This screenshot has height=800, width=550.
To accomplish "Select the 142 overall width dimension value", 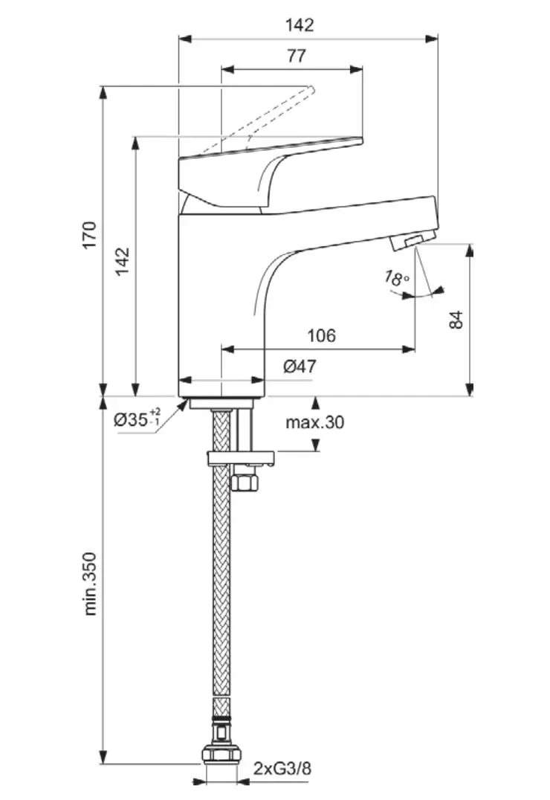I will pyautogui.click(x=300, y=25).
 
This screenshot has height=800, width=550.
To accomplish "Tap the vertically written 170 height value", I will pyautogui.click(x=89, y=235).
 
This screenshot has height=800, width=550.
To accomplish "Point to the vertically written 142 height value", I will pyautogui.click(x=122, y=262).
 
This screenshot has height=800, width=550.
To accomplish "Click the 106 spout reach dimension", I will pyautogui.click(x=321, y=335).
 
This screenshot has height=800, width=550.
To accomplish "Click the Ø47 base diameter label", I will pyautogui.click(x=300, y=366).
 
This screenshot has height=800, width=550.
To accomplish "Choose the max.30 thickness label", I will pyautogui.click(x=315, y=423).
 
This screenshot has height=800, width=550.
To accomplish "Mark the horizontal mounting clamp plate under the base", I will pyautogui.click(x=241, y=459).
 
